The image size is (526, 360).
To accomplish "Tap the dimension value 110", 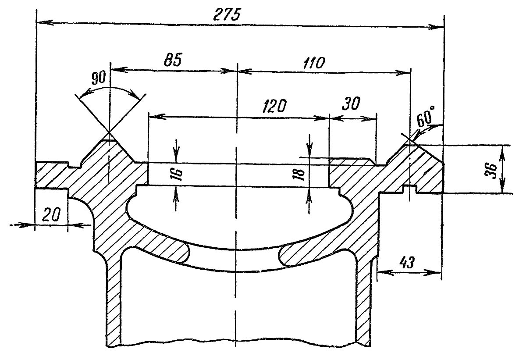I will tap(313, 62).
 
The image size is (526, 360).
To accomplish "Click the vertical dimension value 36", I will tap(493, 169).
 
